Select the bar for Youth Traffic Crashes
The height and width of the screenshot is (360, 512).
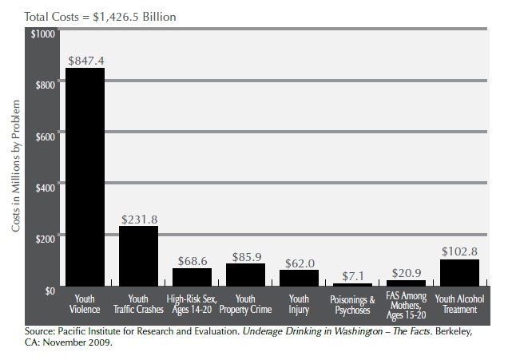click(x=138, y=255)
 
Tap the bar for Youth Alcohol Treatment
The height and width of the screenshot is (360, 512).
click(x=459, y=272)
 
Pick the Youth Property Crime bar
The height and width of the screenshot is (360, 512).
click(x=245, y=275)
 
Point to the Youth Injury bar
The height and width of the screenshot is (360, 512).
click(x=299, y=277)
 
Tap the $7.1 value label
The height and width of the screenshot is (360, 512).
click(x=352, y=275)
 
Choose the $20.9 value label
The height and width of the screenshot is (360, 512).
click(x=406, y=272)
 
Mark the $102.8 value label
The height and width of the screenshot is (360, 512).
click(x=459, y=251)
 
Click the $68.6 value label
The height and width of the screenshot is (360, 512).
click(x=192, y=260)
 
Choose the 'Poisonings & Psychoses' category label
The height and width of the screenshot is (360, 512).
click(x=352, y=304)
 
